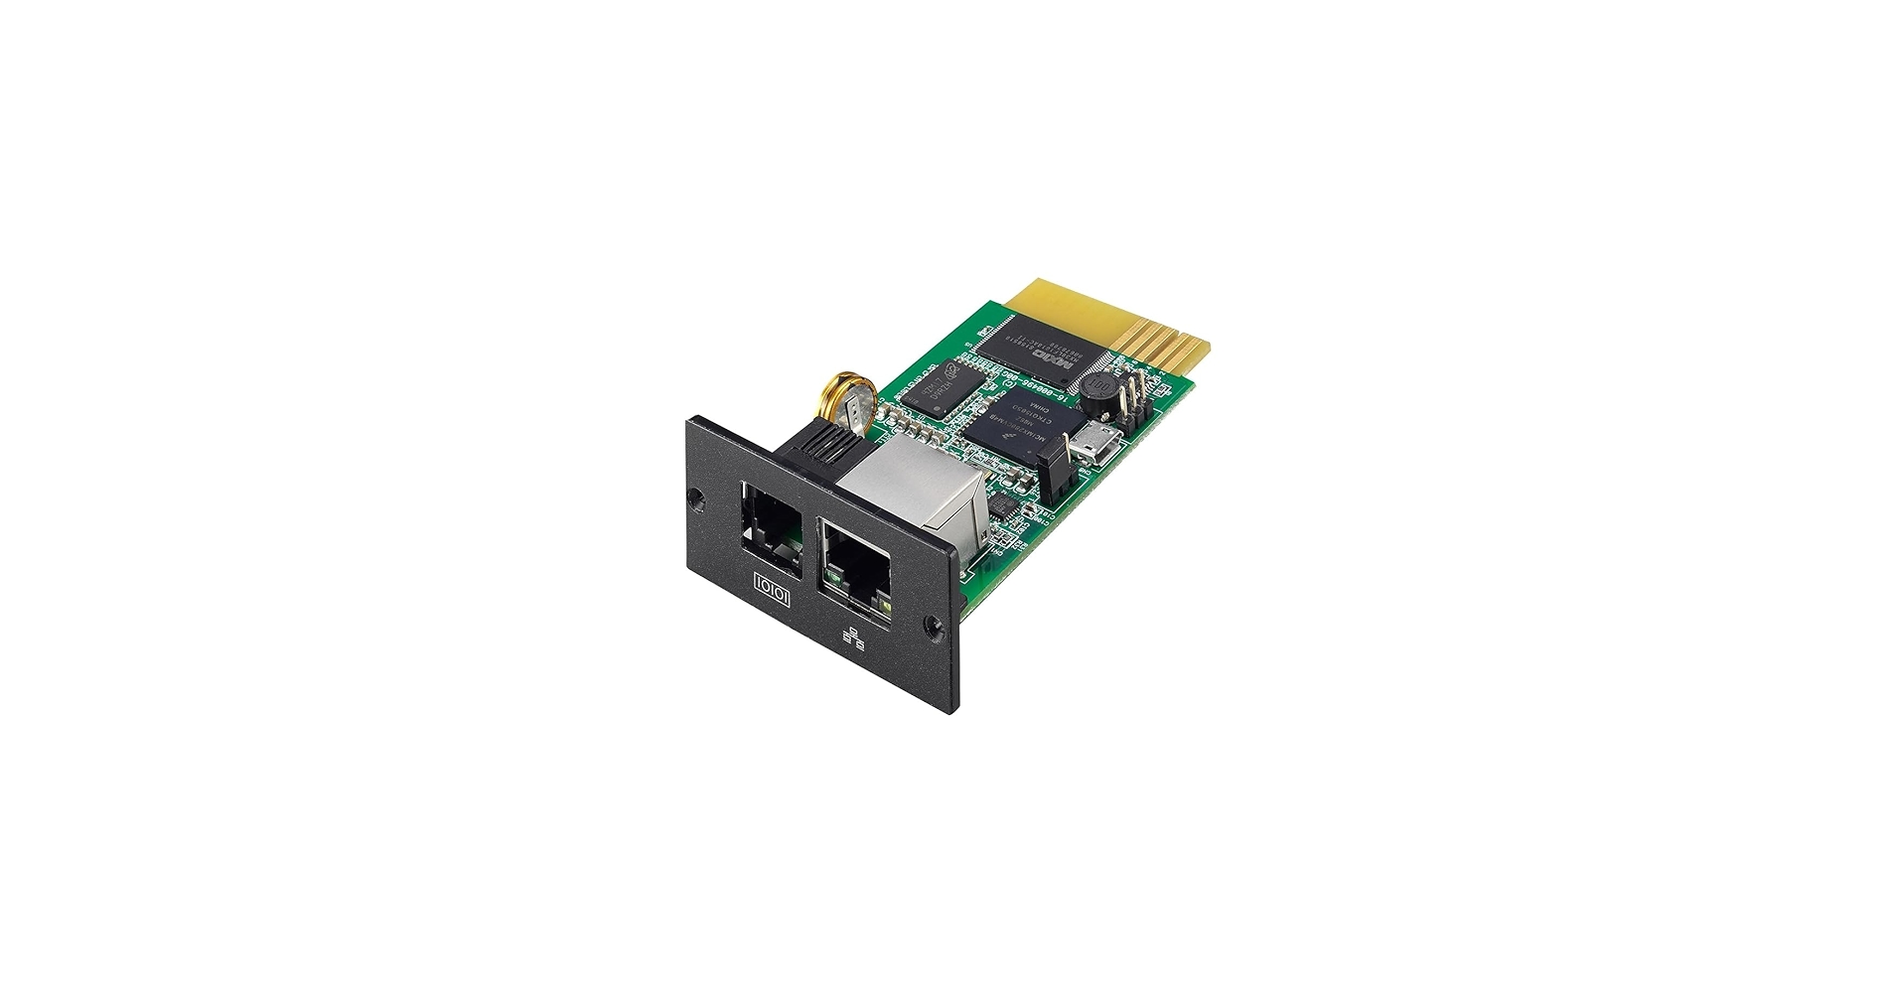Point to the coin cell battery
[x=848, y=403]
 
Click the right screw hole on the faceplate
[x=932, y=627]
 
